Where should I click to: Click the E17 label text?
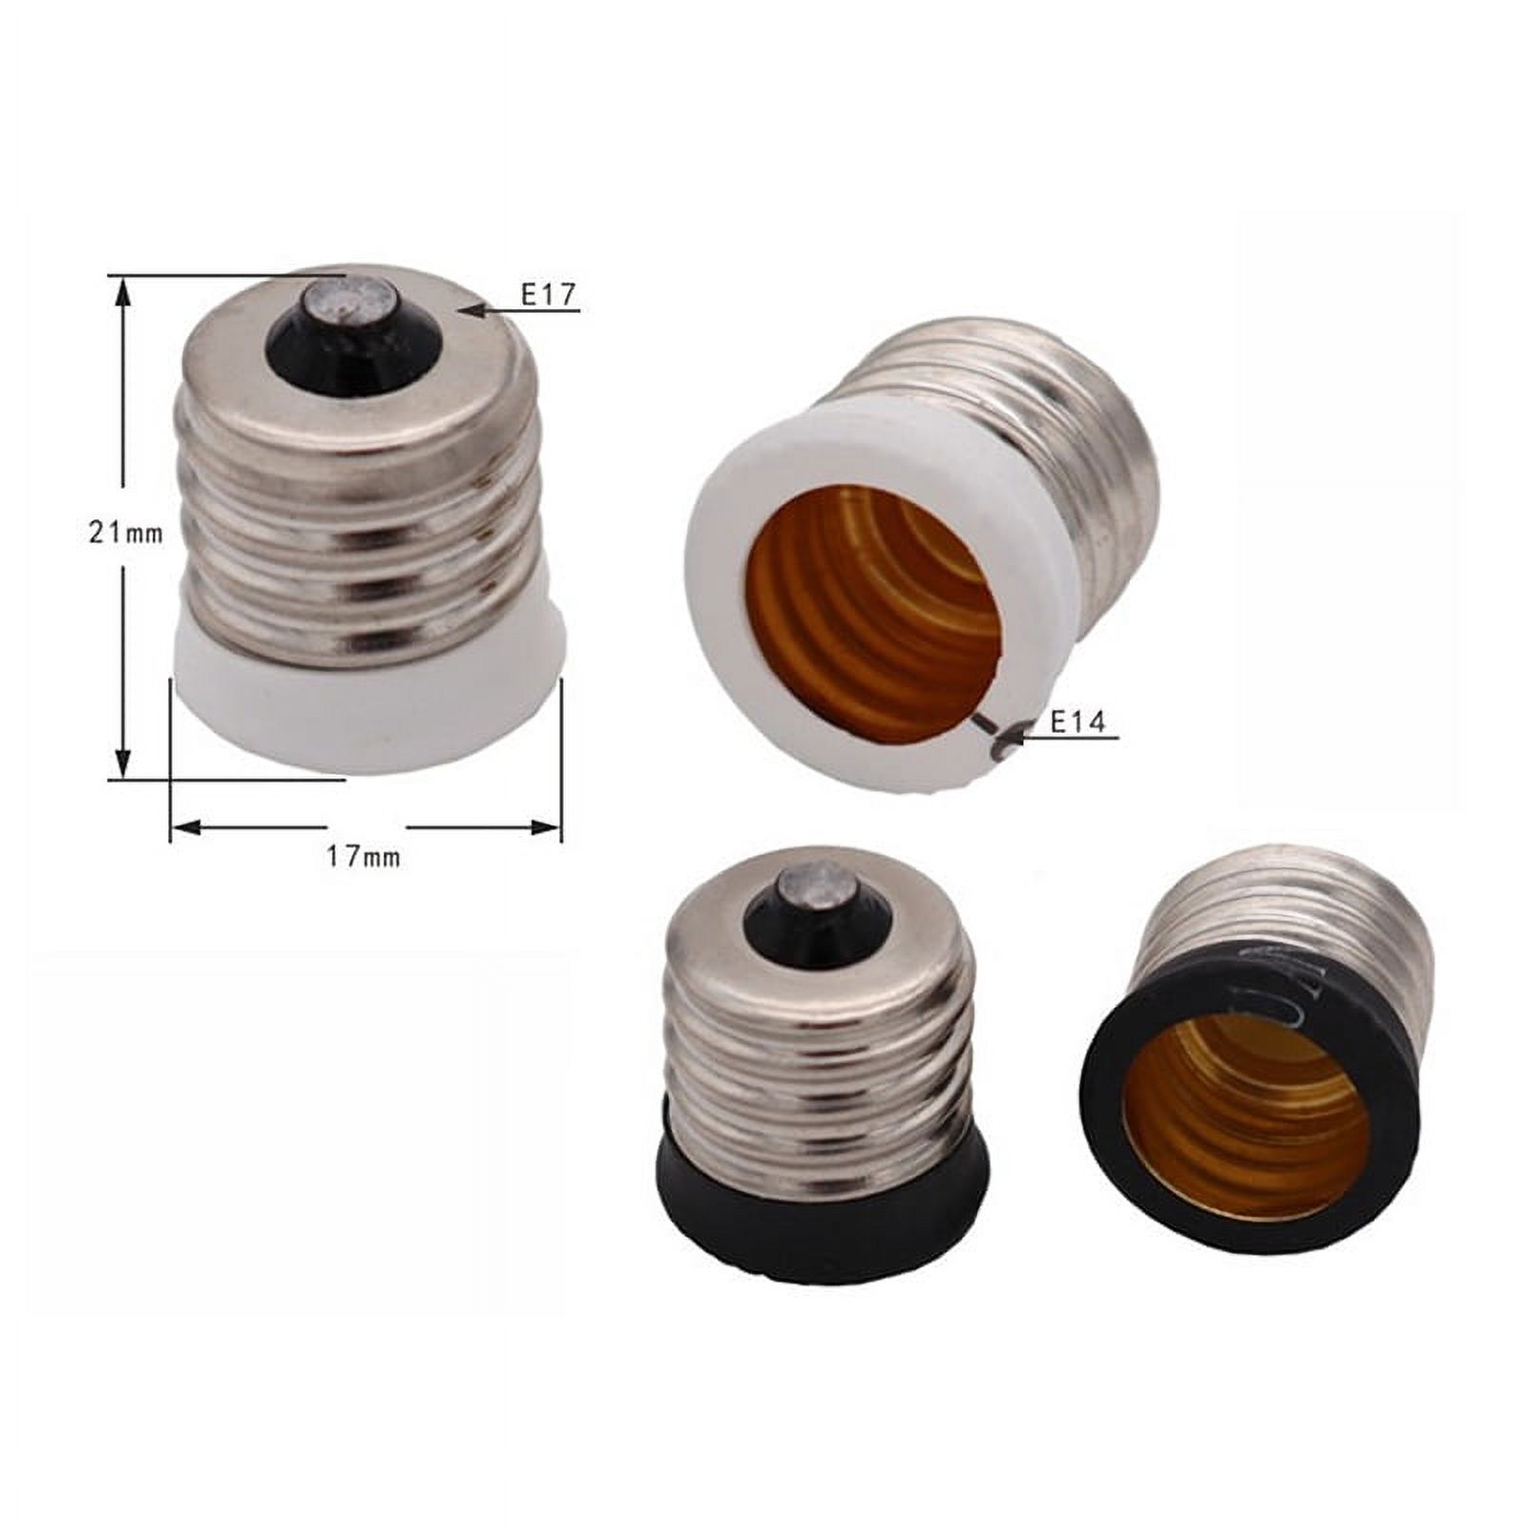(x=549, y=295)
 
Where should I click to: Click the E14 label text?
(x=1077, y=722)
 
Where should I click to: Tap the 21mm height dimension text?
(x=126, y=533)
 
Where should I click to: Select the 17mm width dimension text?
(x=364, y=856)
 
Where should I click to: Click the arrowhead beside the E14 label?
(x=1015, y=736)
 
